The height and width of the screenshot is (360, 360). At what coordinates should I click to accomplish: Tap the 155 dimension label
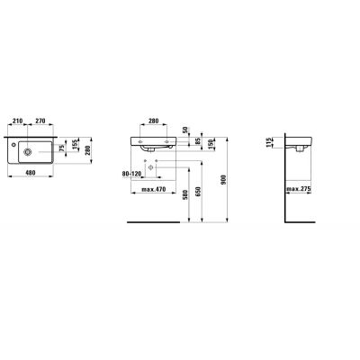click(x=76, y=144)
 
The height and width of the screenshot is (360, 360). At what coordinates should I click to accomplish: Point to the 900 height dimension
click(x=236, y=180)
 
